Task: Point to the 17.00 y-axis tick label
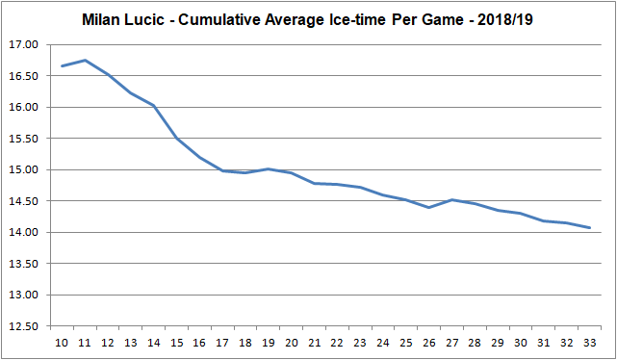pyautogui.click(x=23, y=45)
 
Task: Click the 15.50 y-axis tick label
pyautogui.click(x=23, y=139)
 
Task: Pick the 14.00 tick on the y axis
pyautogui.click(x=23, y=233)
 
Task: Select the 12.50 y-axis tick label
pyautogui.click(x=23, y=326)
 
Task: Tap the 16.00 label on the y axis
pyautogui.click(x=23, y=108)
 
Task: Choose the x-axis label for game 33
pyautogui.click(x=589, y=341)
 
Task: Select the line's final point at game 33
pyautogui.click(x=589, y=228)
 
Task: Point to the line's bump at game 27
pyautogui.click(x=452, y=199)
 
